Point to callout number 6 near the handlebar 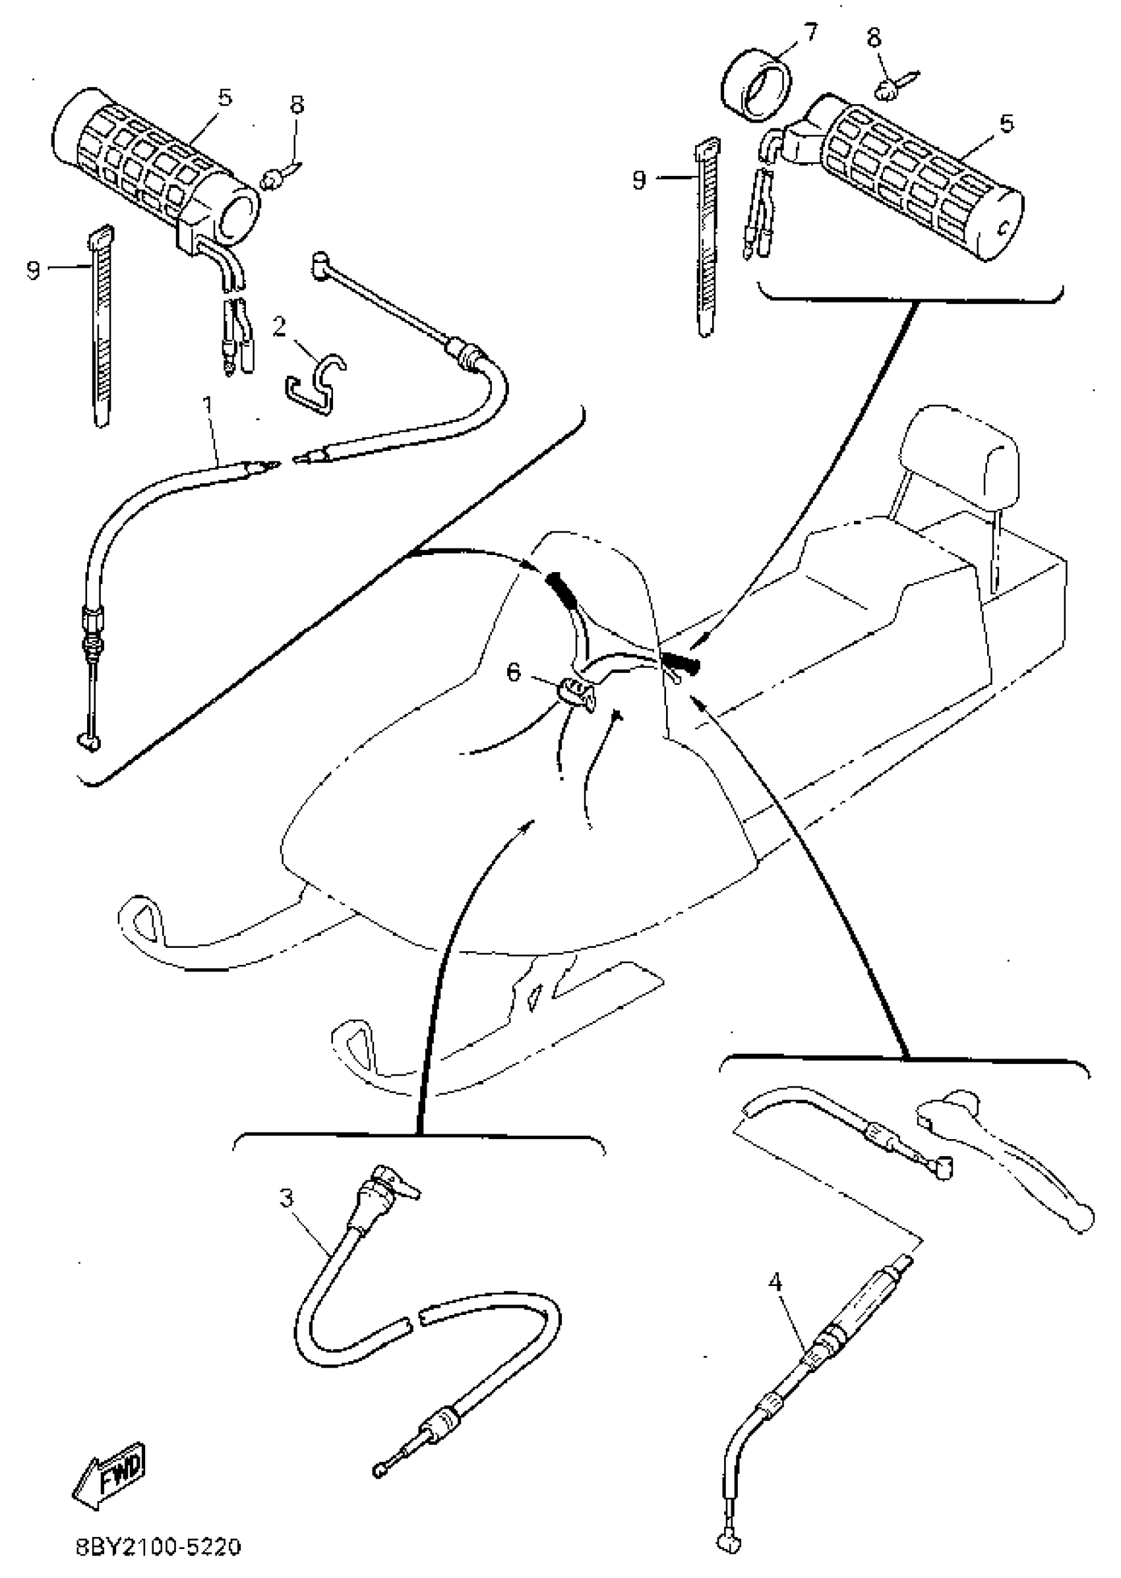pyautogui.click(x=514, y=672)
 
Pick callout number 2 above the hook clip pyautogui.click(x=279, y=326)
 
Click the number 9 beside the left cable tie pyautogui.click(x=33, y=269)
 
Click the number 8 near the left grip pyautogui.click(x=297, y=105)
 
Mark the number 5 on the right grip pyautogui.click(x=1007, y=124)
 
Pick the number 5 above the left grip pyautogui.click(x=225, y=98)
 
